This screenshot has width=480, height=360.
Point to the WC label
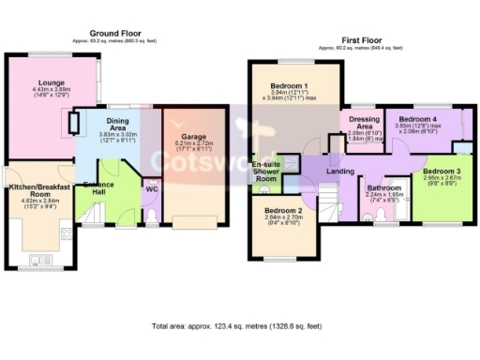click(150, 188)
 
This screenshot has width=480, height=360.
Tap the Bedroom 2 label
click(282, 211)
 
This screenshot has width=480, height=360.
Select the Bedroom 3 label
click(440, 172)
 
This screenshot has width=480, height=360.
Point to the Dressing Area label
click(363, 124)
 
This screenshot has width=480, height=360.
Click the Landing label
click(340, 172)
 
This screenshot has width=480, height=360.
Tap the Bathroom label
click(384, 187)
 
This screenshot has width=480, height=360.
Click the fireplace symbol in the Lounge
click(68, 123)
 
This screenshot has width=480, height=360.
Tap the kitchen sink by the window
click(39, 259)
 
